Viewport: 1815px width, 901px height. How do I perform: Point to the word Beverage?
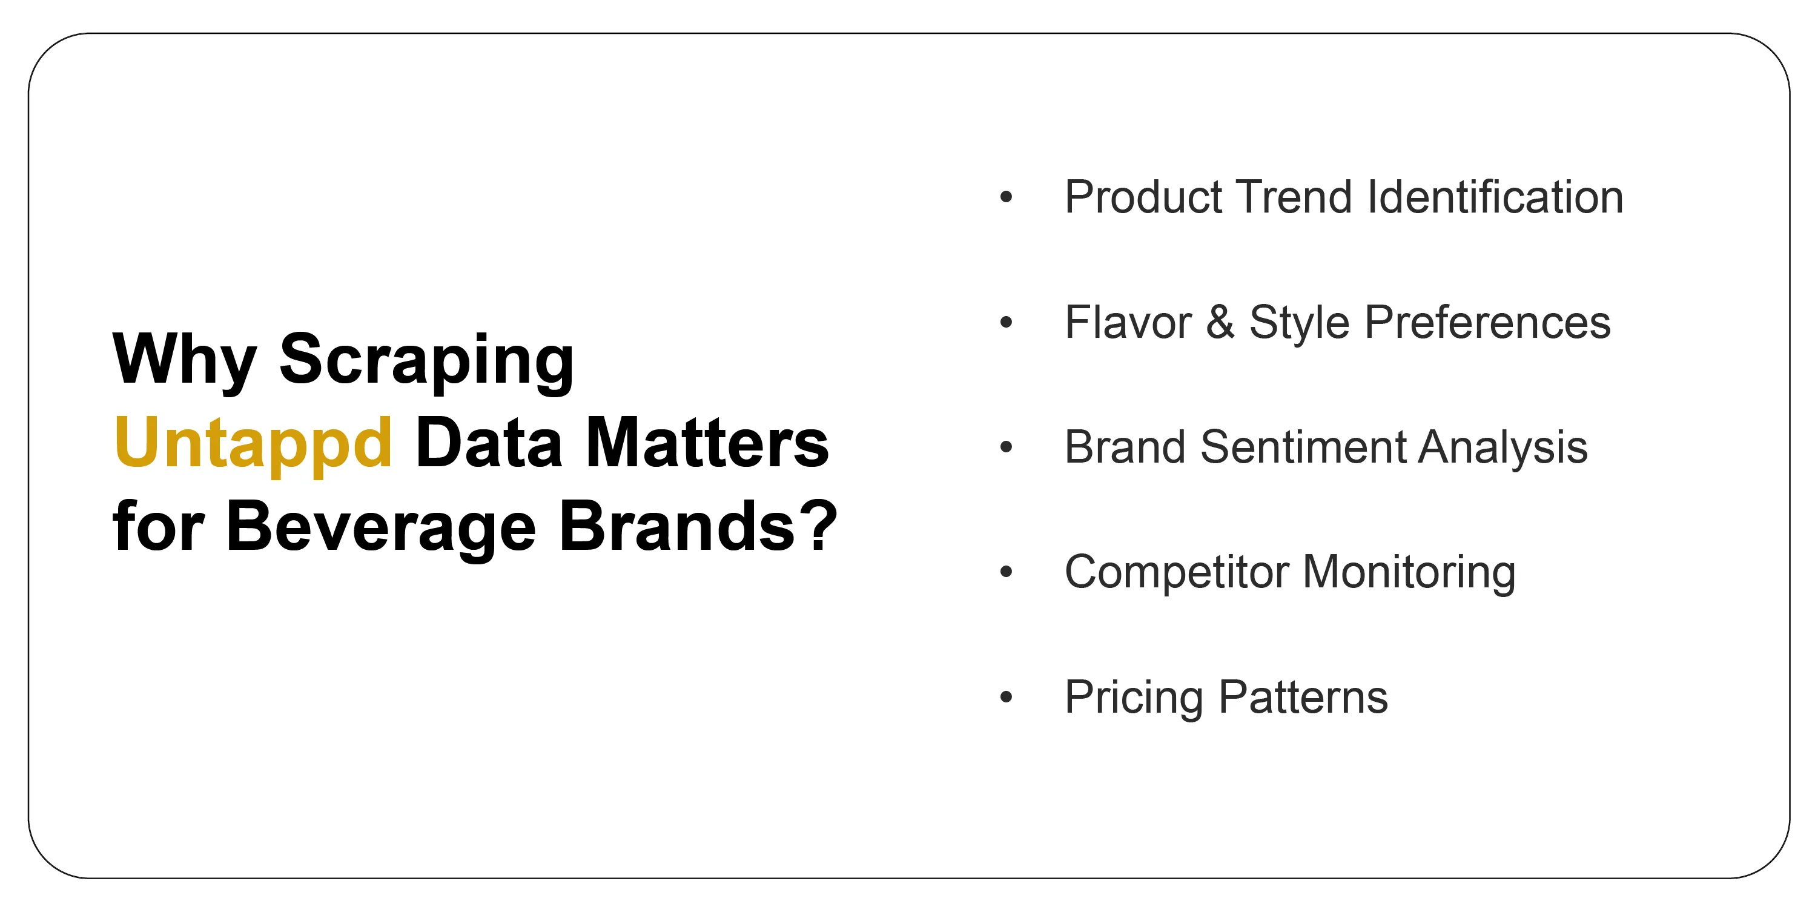[x=380, y=526]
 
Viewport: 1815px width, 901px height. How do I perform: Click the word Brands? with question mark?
[x=698, y=526]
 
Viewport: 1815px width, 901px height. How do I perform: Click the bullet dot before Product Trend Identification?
[x=1005, y=197]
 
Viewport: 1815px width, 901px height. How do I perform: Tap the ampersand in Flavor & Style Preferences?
[x=1220, y=323]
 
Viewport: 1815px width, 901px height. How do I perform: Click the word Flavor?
[x=1127, y=323]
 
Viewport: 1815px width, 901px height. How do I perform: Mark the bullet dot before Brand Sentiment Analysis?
[x=1005, y=447]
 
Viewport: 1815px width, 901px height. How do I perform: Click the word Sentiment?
[x=1303, y=447]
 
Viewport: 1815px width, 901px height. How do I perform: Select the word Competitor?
[x=1176, y=572]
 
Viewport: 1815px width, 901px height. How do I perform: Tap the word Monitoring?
[x=1409, y=572]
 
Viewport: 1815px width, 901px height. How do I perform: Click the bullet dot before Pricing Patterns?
[x=1005, y=697]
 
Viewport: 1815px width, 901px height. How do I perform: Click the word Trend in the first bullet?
[x=1294, y=197]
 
